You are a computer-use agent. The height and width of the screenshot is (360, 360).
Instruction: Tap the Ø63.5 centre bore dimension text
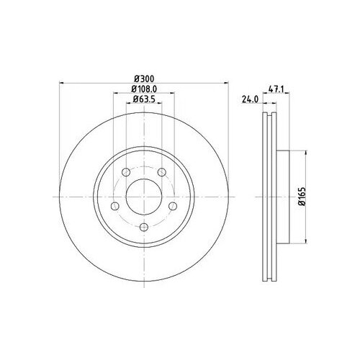coord(143,101)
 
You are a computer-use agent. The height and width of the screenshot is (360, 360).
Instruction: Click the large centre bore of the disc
coord(143,195)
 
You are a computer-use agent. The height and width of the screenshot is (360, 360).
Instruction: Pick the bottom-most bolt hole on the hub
coord(143,228)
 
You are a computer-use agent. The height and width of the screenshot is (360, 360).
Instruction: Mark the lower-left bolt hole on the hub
coord(113,207)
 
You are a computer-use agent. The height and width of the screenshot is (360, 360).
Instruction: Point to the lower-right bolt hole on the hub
coord(174,207)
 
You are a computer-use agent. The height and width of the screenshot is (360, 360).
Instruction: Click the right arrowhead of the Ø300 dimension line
coord(227,83)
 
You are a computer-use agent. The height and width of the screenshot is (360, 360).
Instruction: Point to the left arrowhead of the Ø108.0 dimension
coord(114,94)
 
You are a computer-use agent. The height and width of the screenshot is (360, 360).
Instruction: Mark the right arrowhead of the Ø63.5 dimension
coord(161,107)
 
